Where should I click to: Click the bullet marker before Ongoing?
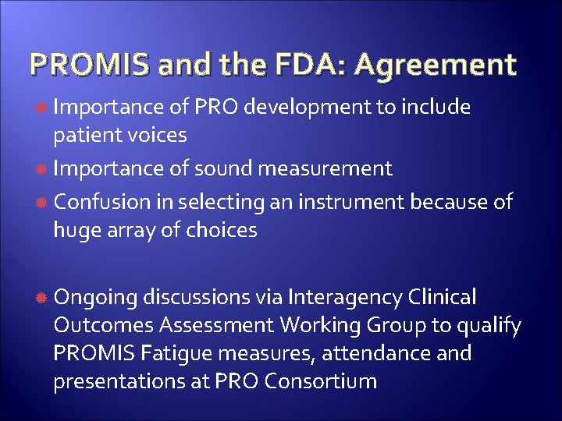(x=40, y=298)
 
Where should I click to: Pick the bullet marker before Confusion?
(x=40, y=203)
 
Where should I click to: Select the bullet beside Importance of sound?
(x=40, y=169)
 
